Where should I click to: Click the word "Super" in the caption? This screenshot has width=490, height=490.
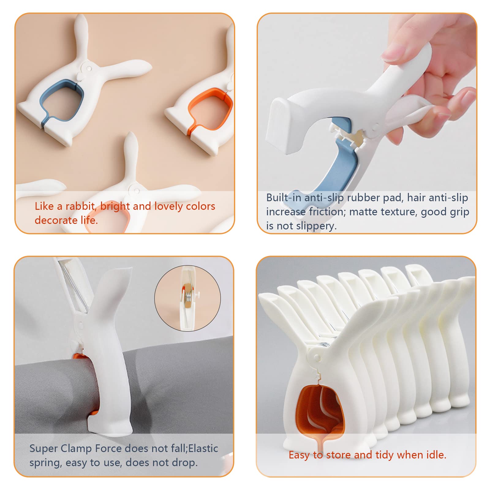point(43,449)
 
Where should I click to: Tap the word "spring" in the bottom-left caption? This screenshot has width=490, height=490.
point(46,463)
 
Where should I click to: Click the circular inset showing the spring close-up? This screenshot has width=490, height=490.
point(187,298)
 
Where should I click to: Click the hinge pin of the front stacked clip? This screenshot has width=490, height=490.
point(317,357)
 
